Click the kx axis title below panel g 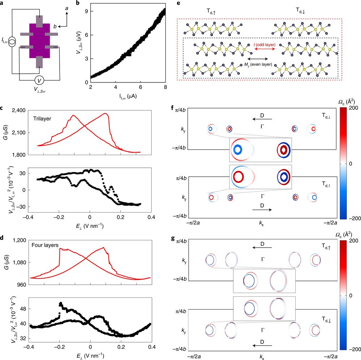pos(262,356)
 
